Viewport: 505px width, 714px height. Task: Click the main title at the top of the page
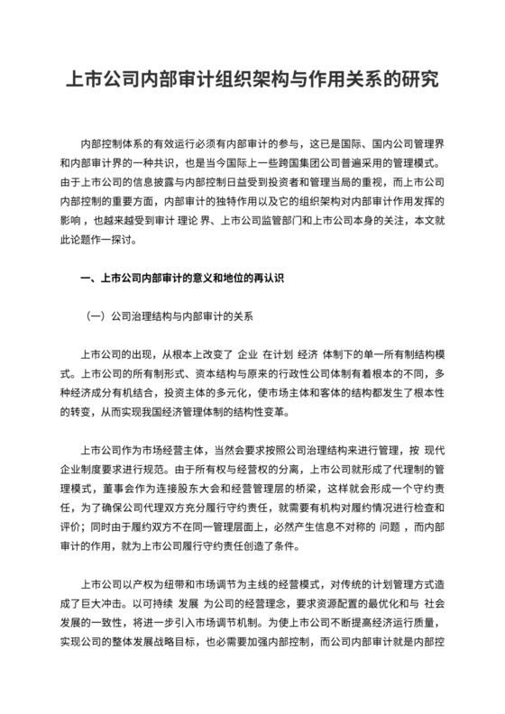252,79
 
